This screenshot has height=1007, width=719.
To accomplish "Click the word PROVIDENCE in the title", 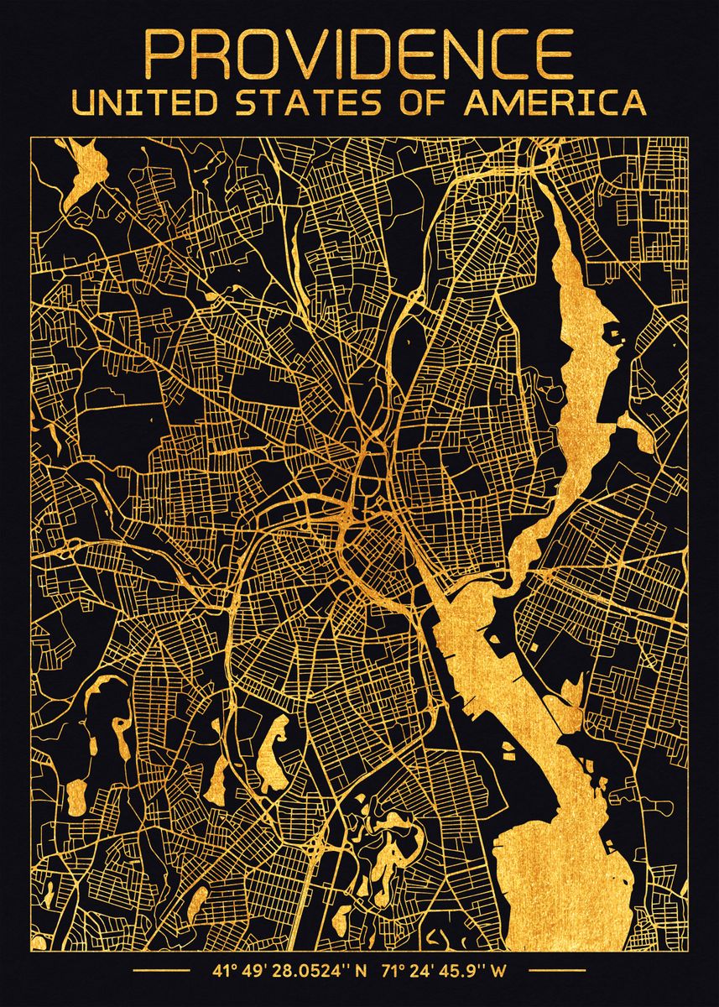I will point(359,56).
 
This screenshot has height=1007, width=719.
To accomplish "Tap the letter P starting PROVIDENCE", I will point(164,56).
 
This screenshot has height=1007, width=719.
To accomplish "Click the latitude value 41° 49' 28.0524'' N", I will point(289,973).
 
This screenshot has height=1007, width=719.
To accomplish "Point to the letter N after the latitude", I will point(362,973).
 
